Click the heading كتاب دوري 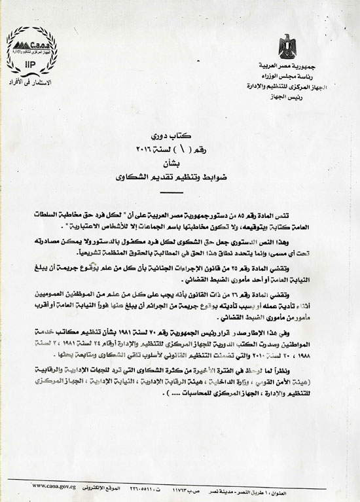[174, 123]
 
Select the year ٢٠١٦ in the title [147, 135]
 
